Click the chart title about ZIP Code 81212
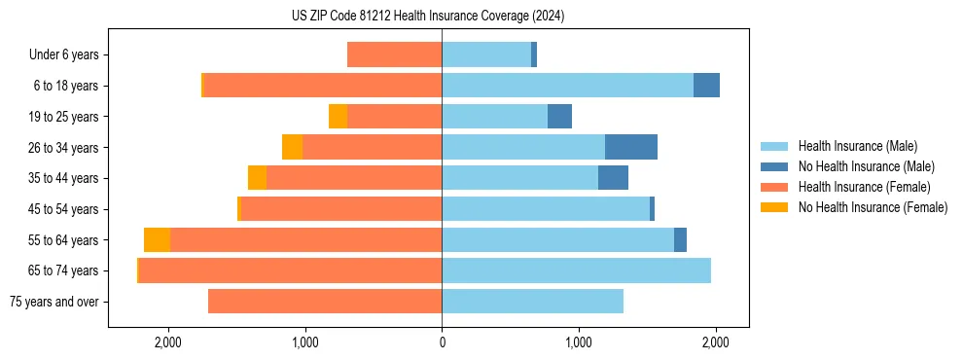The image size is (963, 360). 442,17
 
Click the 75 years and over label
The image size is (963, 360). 53,302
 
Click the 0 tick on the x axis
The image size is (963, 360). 442,342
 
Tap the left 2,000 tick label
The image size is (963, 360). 168,342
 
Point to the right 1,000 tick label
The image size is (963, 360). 579,342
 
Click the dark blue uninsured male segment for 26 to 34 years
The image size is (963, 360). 631,147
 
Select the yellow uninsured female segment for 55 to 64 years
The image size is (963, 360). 157,240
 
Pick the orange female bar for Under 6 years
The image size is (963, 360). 394,55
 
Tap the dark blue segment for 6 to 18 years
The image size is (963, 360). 706,86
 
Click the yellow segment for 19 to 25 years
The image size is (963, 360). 338,117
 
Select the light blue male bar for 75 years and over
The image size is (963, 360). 532,302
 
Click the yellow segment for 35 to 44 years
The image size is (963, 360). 257,178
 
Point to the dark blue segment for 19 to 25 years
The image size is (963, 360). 559,117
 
